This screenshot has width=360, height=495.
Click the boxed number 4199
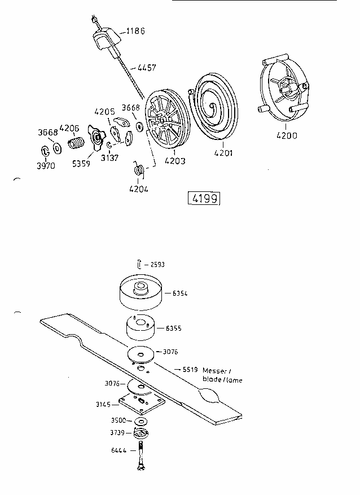[x=204, y=199]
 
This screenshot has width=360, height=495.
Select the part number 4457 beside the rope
[x=146, y=68]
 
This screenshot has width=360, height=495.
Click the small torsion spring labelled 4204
[x=138, y=169]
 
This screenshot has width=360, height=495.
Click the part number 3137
[x=109, y=158]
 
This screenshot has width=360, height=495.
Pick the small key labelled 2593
[x=139, y=264]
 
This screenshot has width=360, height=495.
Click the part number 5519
[x=189, y=370]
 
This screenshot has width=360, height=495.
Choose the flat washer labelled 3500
[x=139, y=422]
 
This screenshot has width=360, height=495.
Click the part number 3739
[x=117, y=433]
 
